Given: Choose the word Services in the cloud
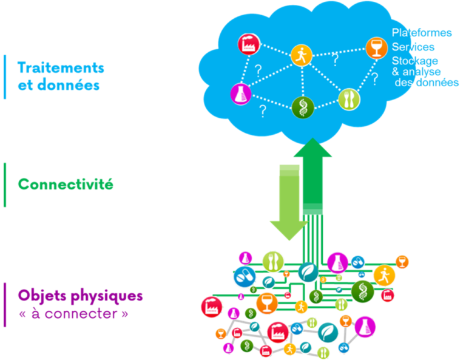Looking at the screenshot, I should (413, 47).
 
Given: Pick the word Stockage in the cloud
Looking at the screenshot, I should (415, 61).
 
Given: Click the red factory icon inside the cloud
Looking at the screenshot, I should (248, 44).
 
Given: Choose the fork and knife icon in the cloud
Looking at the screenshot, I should (349, 97).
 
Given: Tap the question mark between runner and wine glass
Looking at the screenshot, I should (335, 58).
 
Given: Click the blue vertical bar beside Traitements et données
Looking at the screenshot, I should (5, 76).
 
